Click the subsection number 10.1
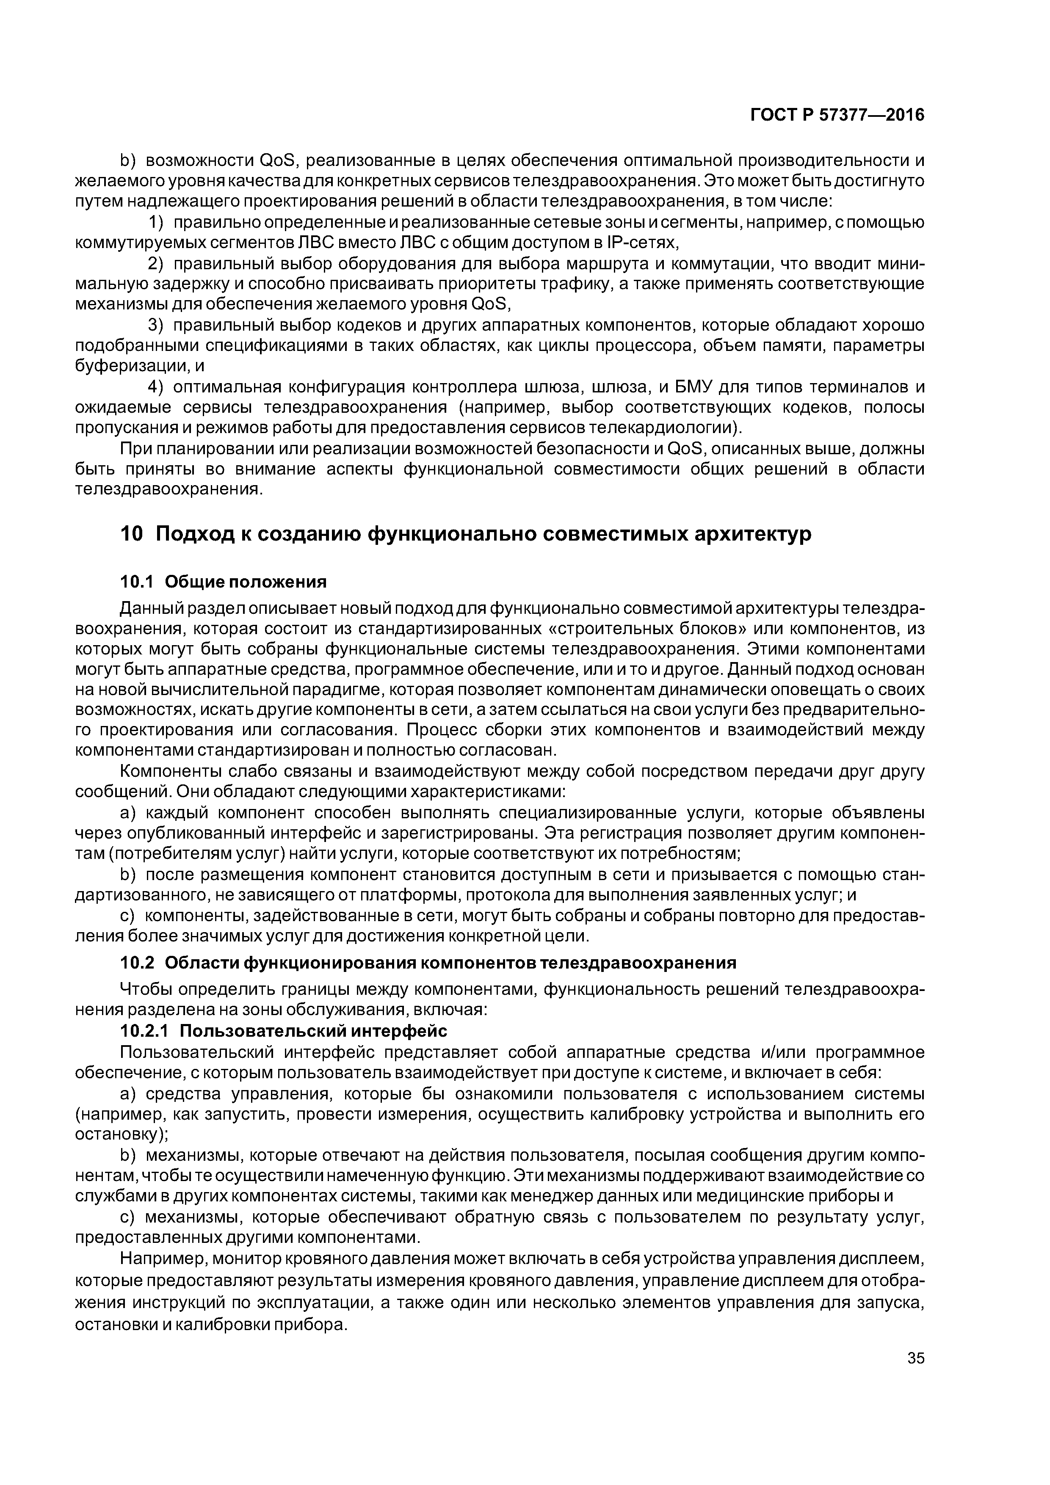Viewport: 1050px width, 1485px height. point(136,582)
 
